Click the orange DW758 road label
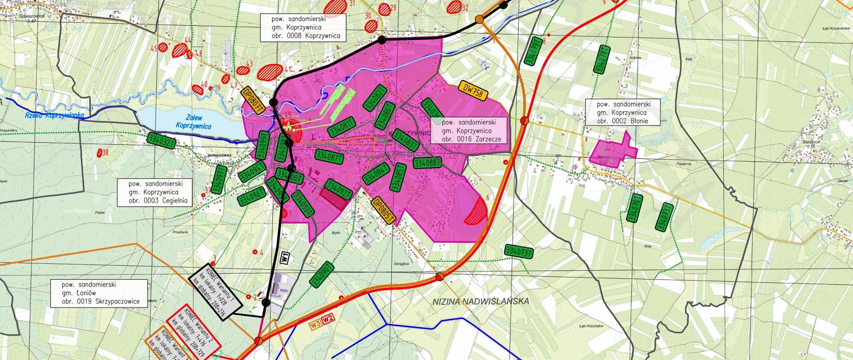(473, 90)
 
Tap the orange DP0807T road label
(253, 98)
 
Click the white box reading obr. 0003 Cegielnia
(154, 192)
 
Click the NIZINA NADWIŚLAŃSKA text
(480, 301)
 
